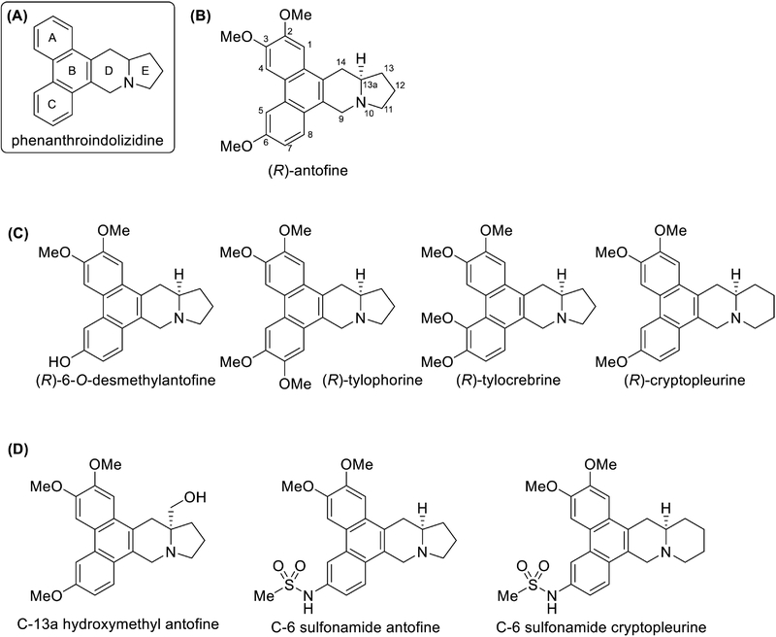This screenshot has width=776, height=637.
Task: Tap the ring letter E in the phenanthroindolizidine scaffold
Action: click(145, 71)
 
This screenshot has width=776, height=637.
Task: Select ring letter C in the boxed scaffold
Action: click(53, 104)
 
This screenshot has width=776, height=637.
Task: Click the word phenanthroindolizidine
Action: click(87, 141)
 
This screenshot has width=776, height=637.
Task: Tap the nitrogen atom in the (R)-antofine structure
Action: click(362, 103)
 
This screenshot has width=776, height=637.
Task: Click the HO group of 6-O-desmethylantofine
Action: click(60, 360)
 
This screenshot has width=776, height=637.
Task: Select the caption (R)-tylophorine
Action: click(372, 380)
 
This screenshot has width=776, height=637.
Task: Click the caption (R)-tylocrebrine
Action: click(508, 380)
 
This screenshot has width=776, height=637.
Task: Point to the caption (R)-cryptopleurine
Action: click(685, 380)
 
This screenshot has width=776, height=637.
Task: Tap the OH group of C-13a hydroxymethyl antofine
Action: click(196, 497)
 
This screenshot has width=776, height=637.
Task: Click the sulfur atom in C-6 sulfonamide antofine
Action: click(288, 586)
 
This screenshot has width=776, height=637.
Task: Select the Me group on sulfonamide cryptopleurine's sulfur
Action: click(507, 596)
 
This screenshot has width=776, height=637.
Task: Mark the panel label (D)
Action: click(18, 450)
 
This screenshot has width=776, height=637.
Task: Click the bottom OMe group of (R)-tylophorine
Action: click(295, 383)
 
